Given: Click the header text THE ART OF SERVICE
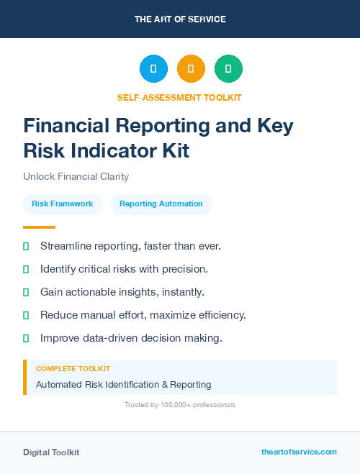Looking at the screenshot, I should (x=180, y=19).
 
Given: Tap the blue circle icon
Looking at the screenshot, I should (x=153, y=69).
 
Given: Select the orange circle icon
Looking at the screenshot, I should (x=191, y=69).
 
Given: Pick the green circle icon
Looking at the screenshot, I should (x=228, y=69).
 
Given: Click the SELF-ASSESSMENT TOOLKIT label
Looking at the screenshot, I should (x=179, y=97).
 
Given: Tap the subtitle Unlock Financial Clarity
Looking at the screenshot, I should (x=76, y=176).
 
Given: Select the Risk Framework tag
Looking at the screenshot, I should (x=63, y=204).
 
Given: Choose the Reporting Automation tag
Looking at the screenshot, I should (x=161, y=204).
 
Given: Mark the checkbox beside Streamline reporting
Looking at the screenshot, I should (x=26, y=246).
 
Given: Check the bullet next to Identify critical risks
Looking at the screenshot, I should (x=26, y=269).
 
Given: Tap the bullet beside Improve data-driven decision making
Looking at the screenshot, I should (x=26, y=338).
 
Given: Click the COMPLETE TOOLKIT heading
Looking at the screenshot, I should (x=73, y=368).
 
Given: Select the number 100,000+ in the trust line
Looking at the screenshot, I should (x=171, y=405).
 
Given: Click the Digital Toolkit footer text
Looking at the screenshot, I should (x=51, y=452).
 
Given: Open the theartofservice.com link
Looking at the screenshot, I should (x=299, y=452).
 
